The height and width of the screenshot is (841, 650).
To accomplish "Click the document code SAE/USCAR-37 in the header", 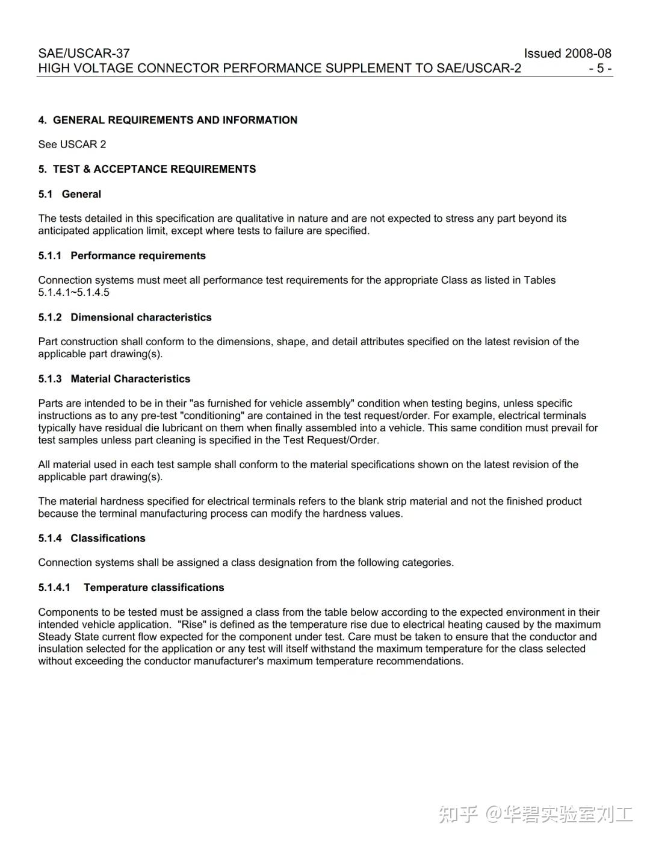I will click(x=84, y=53).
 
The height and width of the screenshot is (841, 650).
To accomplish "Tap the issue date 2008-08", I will click(x=588, y=53).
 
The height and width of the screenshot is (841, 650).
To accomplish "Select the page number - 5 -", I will click(x=600, y=68).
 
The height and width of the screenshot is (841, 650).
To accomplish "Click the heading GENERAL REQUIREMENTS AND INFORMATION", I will click(x=175, y=120).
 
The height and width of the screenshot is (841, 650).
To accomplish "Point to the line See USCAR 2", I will click(x=72, y=145).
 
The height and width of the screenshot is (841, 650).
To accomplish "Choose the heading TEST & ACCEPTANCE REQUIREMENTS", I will click(x=154, y=169).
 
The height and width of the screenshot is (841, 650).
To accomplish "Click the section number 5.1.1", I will click(x=50, y=255).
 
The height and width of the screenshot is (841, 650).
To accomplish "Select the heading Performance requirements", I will click(x=138, y=255).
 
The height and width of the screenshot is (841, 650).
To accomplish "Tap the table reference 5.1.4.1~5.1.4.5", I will click(x=74, y=293).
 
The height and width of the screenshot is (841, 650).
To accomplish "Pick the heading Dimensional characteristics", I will click(x=141, y=317).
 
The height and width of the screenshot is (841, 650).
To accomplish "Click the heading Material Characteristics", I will click(x=130, y=379).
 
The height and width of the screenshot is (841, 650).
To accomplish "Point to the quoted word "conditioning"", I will click(x=210, y=416).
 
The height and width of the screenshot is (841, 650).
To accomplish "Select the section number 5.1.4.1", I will click(x=54, y=587).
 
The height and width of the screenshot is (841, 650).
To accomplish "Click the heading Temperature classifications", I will click(x=153, y=587).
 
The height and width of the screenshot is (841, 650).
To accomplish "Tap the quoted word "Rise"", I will click(x=193, y=625).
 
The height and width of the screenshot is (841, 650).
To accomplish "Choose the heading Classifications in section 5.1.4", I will click(x=108, y=539).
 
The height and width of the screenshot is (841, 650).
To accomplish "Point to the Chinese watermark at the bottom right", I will click(x=536, y=814).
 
